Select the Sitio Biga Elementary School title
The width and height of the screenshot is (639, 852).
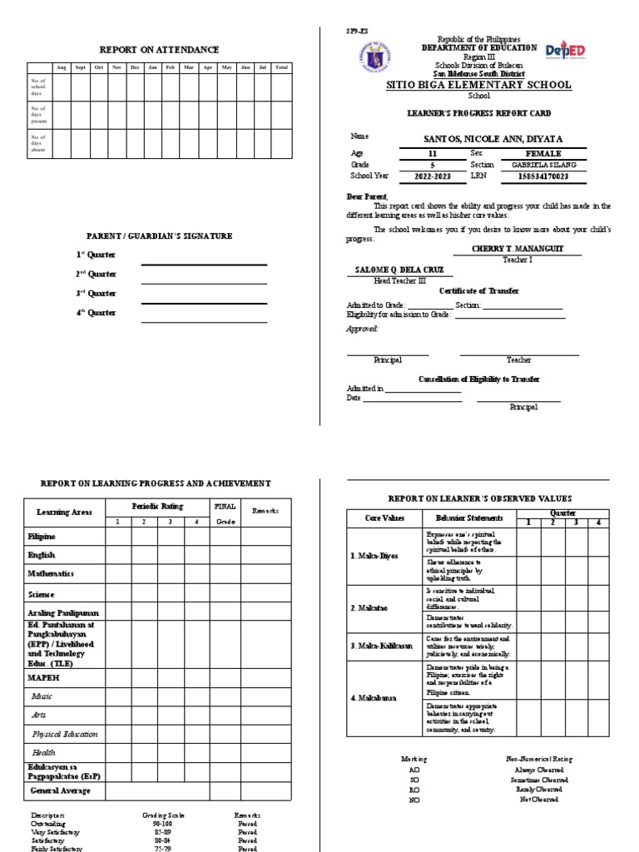478,85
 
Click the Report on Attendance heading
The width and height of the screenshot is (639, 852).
160,51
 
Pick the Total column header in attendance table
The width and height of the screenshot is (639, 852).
281,67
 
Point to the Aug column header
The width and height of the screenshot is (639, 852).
61,67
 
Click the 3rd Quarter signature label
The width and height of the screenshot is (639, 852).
97,294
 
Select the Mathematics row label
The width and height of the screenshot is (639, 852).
52,574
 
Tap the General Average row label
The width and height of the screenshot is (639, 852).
61,790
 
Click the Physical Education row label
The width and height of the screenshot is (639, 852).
65,735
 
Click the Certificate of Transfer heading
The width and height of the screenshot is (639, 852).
478,290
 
